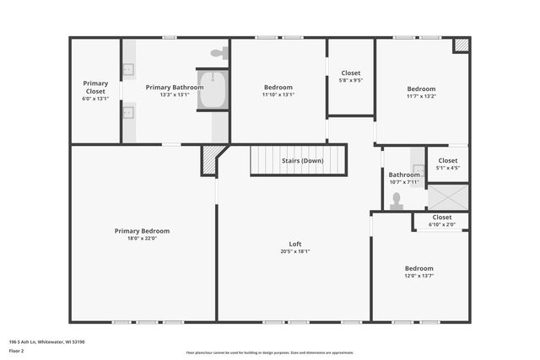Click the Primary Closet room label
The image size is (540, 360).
click(95, 83)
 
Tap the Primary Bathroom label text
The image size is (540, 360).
click(174, 87)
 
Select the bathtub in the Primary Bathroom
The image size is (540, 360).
click(212, 90)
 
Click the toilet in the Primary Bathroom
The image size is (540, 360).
click(219, 53)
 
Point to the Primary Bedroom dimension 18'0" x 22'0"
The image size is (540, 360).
click(142, 239)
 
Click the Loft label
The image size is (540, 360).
click(294, 244)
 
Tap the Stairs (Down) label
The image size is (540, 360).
click(301, 160)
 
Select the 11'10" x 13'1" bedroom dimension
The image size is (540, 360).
click(278, 94)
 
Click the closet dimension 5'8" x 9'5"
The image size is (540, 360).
click(350, 81)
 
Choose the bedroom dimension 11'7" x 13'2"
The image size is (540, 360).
click(421, 96)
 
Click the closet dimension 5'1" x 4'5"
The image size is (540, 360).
click(447, 168)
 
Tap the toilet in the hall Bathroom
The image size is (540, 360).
click(397, 201)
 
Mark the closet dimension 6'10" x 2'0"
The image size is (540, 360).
click(441, 224)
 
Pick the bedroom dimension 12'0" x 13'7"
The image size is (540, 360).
click(420, 275)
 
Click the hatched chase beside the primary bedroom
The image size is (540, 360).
click(211, 159)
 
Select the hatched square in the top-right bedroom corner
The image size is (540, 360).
click(461, 46)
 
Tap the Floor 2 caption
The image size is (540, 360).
click(17, 350)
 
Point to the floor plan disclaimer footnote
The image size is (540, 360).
click(270, 352)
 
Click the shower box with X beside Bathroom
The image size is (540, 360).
click(447, 196)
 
